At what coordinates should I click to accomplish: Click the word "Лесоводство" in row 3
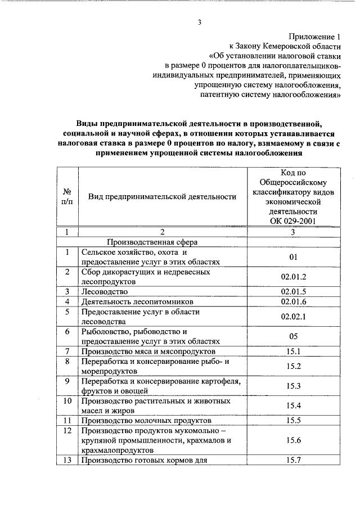tap(105, 291)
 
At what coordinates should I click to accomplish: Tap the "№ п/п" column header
tap(66, 197)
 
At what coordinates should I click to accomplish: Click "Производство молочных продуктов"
tap(146, 420)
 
